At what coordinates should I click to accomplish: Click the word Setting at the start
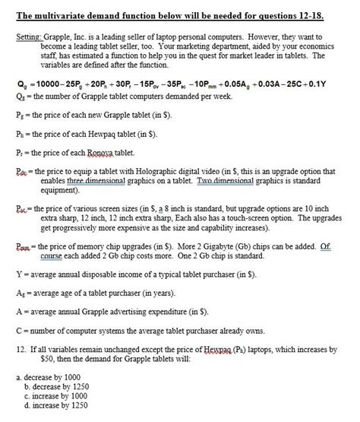pos(27,36)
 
